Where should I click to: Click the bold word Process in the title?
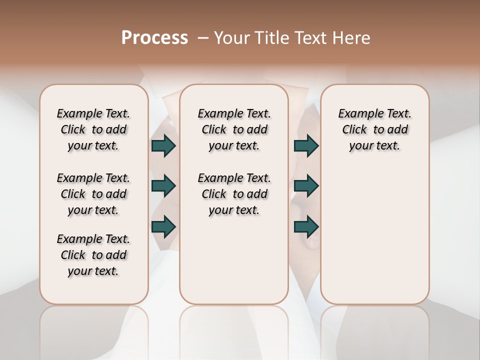pos(154,38)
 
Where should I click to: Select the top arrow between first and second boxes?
pos(163,145)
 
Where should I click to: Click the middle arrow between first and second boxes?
pos(163,186)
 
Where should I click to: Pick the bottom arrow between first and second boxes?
pos(163,227)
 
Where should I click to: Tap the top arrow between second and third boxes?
pos(306,145)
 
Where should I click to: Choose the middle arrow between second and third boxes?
pos(306,186)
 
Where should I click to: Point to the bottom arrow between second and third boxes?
pos(306,227)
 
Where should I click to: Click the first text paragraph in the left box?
pos(93,129)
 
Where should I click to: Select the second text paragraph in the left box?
pos(93,194)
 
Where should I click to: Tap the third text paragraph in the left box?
pos(93,255)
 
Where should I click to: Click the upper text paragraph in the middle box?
pos(234,129)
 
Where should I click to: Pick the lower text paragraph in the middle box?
pos(234,194)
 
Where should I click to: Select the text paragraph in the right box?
pos(375,129)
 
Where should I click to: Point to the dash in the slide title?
pos(203,38)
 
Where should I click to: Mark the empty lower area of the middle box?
pos(234,260)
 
